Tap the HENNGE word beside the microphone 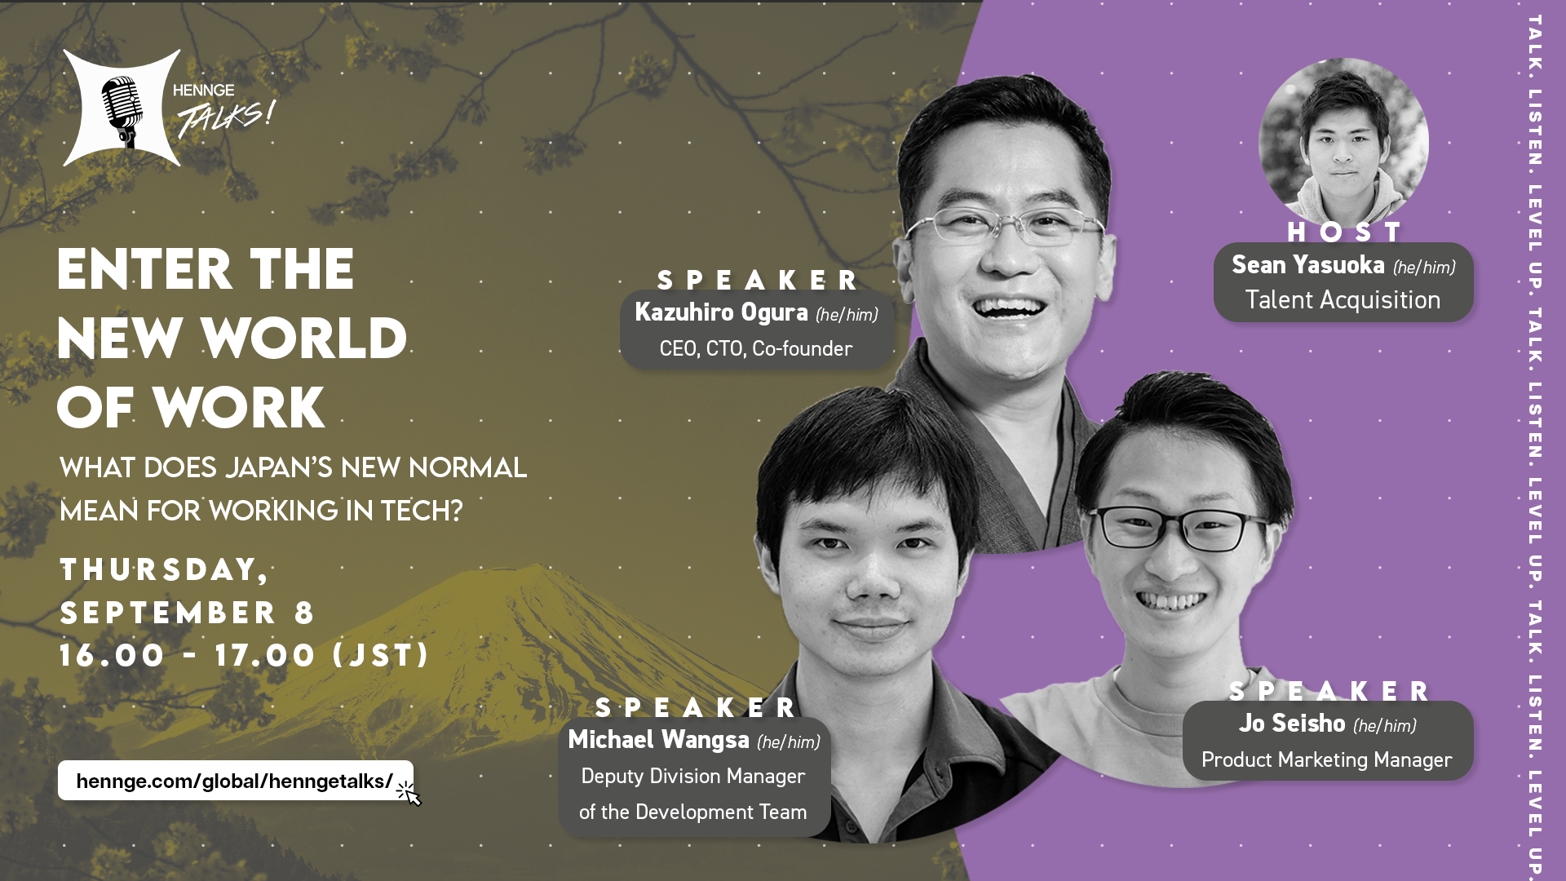point(204,91)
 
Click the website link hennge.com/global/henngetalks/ point(235,781)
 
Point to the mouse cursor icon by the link point(409,793)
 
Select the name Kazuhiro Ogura point(721,312)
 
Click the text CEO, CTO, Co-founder point(756,349)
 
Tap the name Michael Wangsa point(658,740)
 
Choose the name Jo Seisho point(1292,724)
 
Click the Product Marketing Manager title point(1327,760)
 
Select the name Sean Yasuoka point(1308,265)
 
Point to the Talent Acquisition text point(1343,300)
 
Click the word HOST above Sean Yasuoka point(1343,232)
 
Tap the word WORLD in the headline point(304,338)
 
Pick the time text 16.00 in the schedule point(113,655)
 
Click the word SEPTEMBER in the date point(169,613)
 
